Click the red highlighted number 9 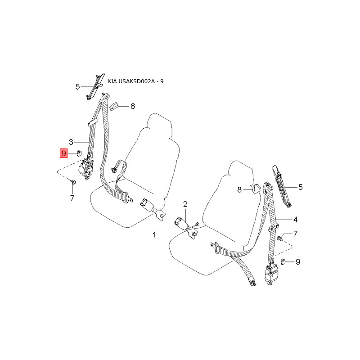[x=63, y=153]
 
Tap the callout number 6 [x=132, y=107]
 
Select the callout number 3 [x=71, y=142]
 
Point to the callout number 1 [x=154, y=234]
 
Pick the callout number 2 [x=185, y=205]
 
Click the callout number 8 [x=240, y=190]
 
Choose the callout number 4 [x=296, y=220]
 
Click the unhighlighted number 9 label [x=297, y=261]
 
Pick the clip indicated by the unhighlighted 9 [x=283, y=261]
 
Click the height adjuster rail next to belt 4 [x=282, y=184]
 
